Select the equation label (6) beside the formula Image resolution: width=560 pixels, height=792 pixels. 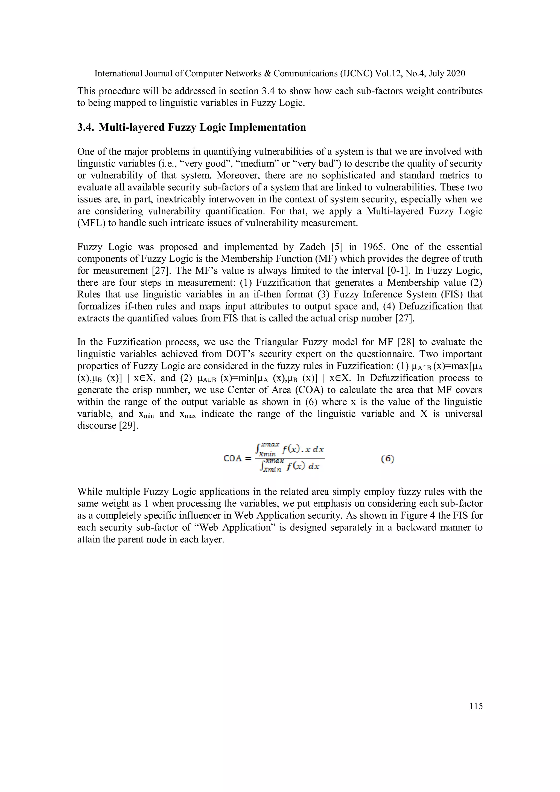click(387, 458)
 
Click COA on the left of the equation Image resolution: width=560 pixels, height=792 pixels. click(233, 458)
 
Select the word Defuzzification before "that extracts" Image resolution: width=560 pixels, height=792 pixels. click(430, 306)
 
